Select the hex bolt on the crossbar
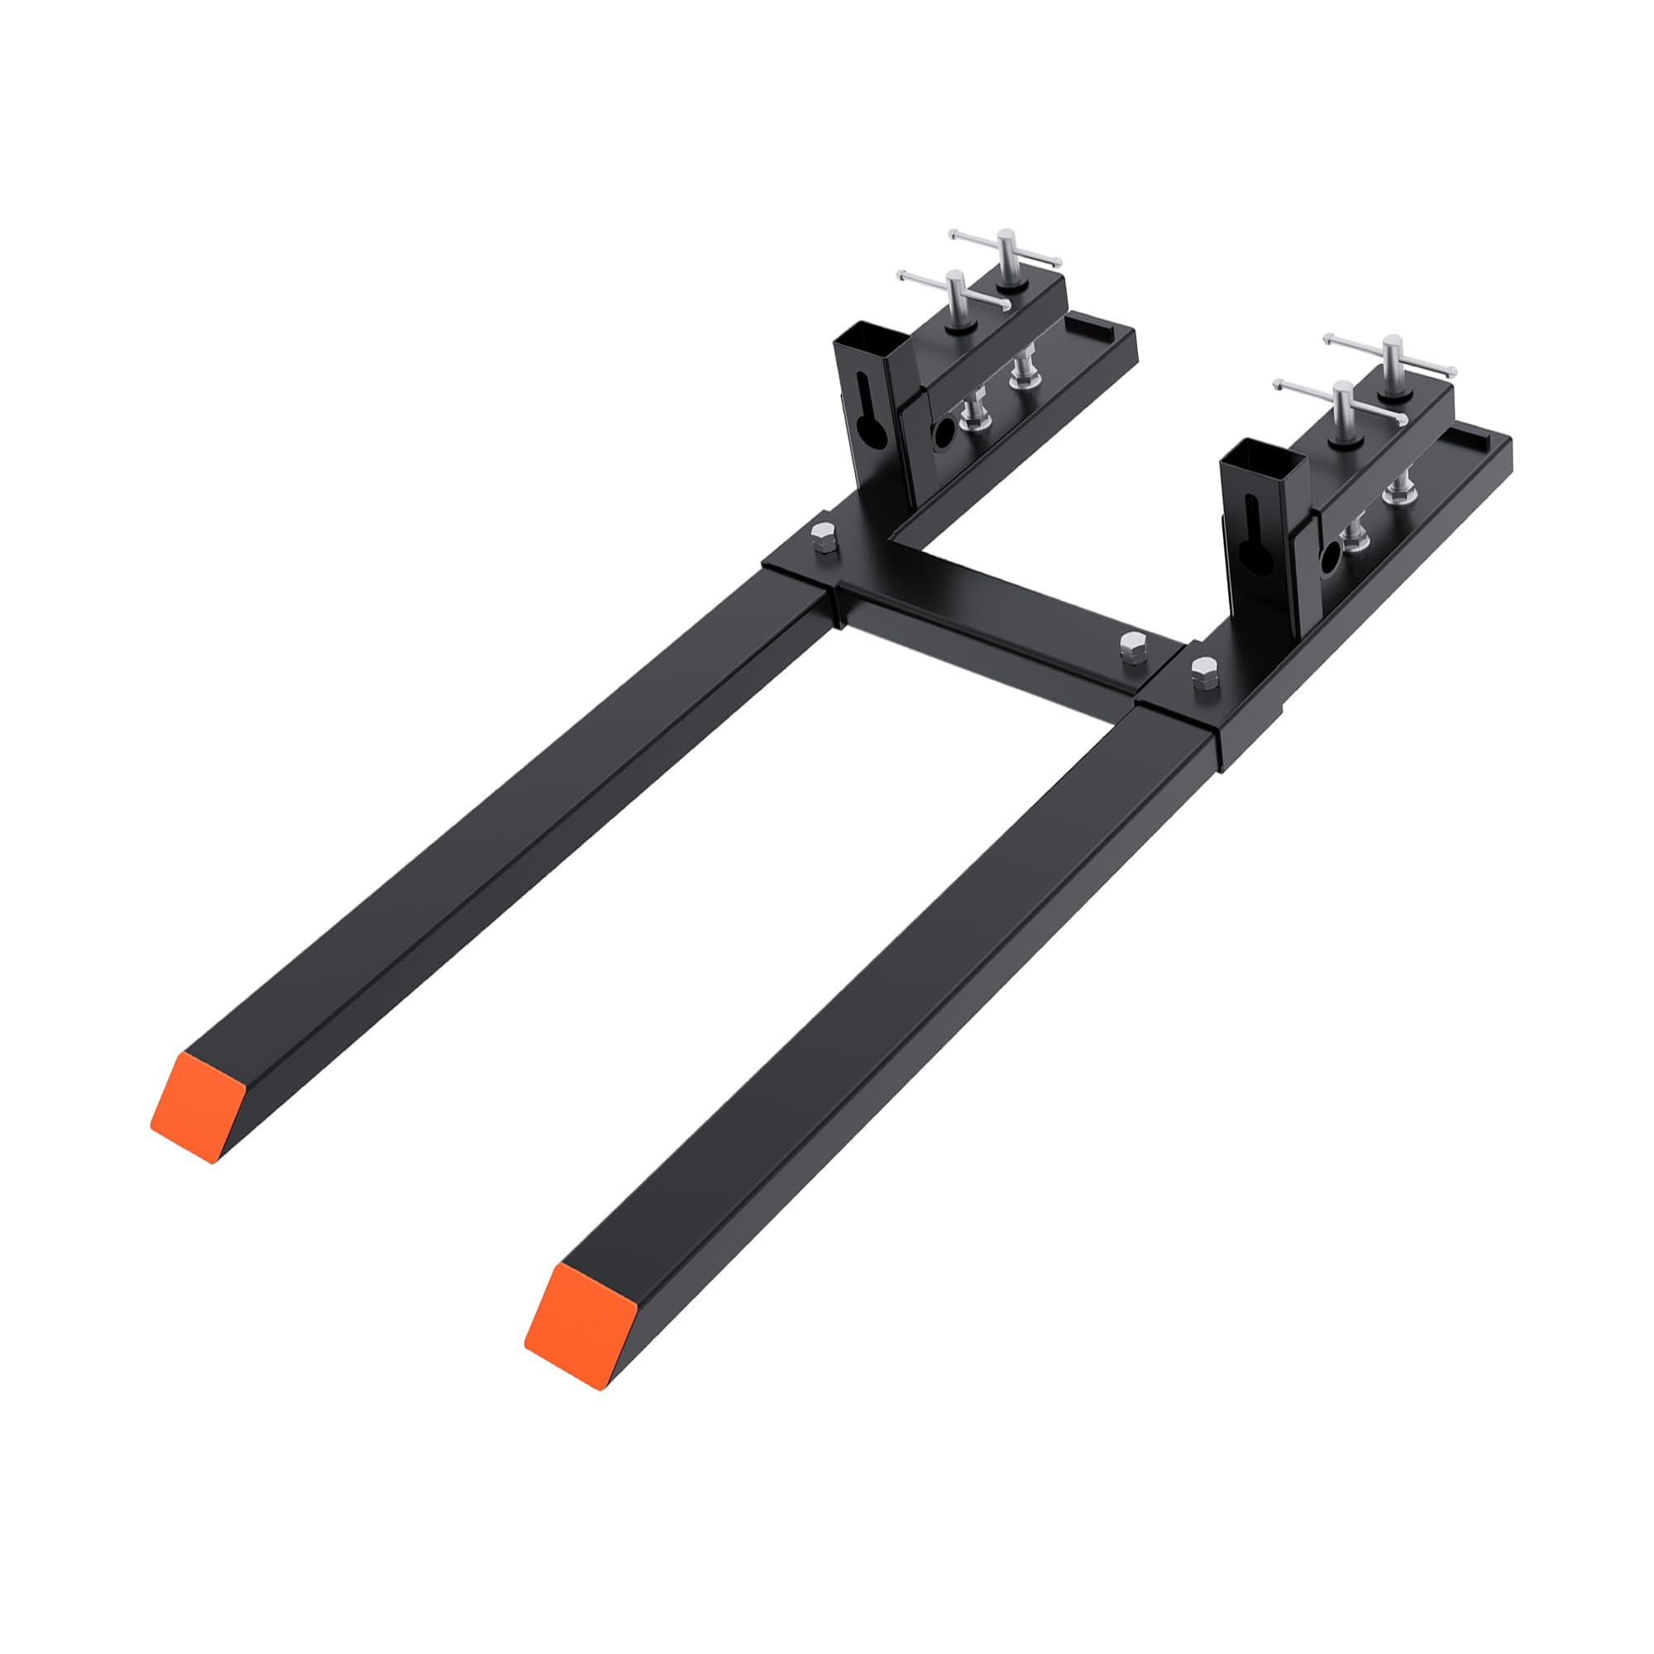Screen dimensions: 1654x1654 click(x=1132, y=641)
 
